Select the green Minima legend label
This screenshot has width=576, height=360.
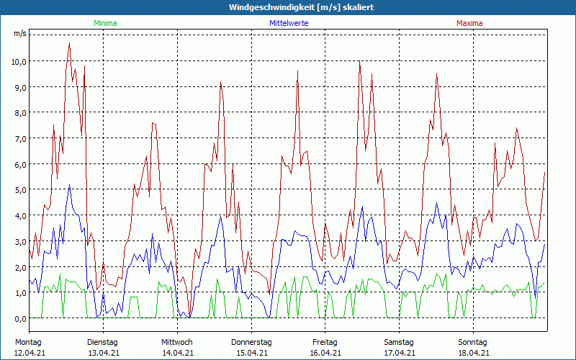click(x=105, y=23)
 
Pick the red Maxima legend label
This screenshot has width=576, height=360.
click(x=469, y=23)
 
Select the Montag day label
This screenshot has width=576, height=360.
click(x=28, y=342)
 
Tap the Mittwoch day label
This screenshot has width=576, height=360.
click(x=177, y=342)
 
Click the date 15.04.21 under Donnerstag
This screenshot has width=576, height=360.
click(x=251, y=353)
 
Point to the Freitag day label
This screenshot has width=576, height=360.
click(x=325, y=342)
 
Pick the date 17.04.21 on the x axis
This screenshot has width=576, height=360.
click(x=400, y=353)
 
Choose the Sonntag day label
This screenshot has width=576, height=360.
click(x=473, y=342)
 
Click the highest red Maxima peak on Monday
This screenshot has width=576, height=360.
click(x=69, y=43)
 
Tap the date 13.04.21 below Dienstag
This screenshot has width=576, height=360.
click(x=103, y=353)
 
